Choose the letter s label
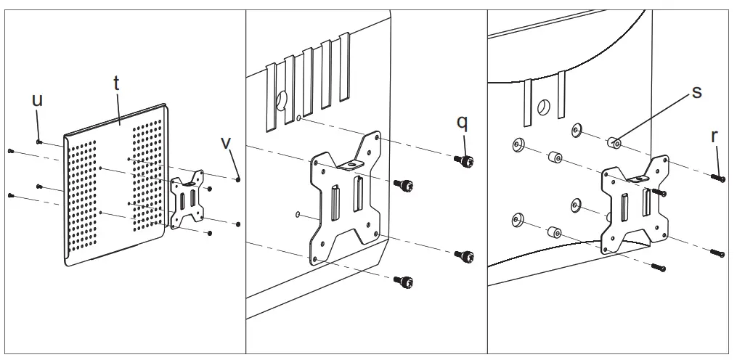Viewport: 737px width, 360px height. tap(696, 92)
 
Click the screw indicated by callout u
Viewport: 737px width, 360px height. tap(40, 142)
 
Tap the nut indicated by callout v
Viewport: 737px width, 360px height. tap(239, 179)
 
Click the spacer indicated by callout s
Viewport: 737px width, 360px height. tap(614, 142)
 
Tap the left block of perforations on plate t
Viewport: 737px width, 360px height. tap(83, 193)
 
